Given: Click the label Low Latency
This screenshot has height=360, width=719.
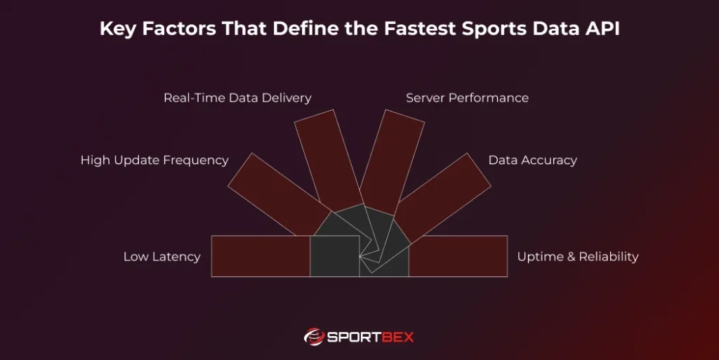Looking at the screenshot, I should click(161, 257).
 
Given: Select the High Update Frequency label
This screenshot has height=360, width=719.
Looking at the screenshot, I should click(154, 161).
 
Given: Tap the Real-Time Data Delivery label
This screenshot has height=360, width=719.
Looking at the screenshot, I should click(237, 98).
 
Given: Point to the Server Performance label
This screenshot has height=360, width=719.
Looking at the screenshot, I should click(467, 98).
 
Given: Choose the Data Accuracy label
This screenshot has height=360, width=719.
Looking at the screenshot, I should click(532, 161).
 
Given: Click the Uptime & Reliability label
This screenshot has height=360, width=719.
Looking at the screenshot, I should click(577, 257).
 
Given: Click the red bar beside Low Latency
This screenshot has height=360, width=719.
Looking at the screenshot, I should click(260, 256).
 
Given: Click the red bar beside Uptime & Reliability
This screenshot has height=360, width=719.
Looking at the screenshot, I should click(458, 256).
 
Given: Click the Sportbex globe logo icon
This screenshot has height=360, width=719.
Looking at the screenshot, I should click(314, 337).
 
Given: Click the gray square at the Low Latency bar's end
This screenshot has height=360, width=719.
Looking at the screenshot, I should click(334, 256).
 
